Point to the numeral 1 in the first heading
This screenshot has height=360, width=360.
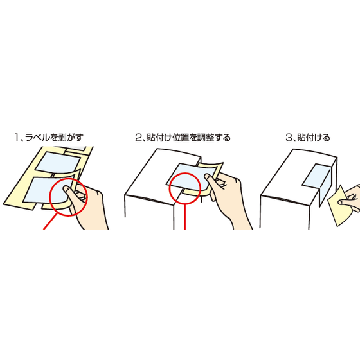(x=15, y=137)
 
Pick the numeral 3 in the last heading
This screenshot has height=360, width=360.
(x=287, y=137)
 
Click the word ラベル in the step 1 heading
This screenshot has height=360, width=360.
(x=40, y=137)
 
